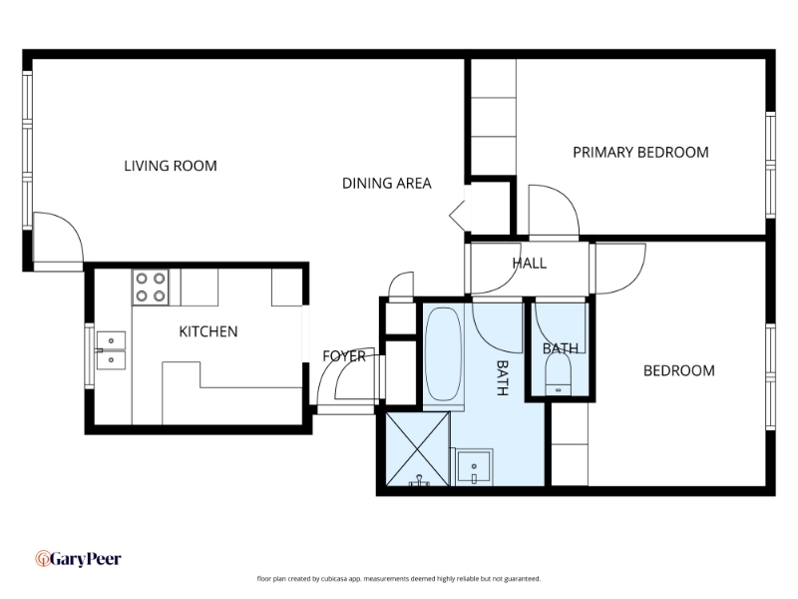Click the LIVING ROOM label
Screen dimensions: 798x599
tap(171, 166)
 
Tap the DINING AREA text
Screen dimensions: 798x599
tap(387, 183)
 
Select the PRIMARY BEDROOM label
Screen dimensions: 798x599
tap(640, 153)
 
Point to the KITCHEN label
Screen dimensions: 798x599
tap(208, 331)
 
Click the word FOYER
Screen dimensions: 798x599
tap(344, 356)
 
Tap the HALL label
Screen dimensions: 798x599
tap(530, 264)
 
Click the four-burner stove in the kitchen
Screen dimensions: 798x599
tap(151, 288)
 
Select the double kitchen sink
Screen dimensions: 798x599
tap(111, 350)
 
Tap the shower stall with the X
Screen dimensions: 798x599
tap(417, 448)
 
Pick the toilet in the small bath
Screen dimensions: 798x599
tap(558, 373)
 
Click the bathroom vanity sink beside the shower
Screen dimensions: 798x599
tap(474, 467)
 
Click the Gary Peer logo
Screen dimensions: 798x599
tap(79, 559)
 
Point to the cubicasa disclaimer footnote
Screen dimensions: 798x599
tap(398, 579)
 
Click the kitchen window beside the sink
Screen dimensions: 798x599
tap(89, 355)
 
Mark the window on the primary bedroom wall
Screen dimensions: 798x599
tap(770, 165)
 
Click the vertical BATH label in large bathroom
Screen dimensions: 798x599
tap(503, 378)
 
